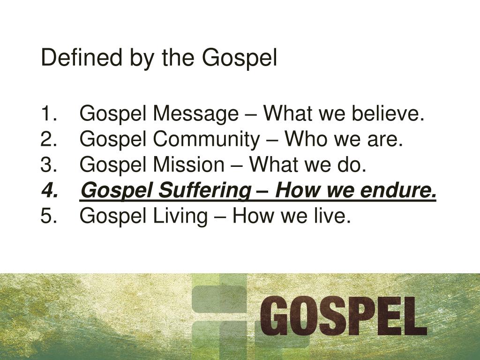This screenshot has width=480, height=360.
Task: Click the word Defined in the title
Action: tap(72, 58)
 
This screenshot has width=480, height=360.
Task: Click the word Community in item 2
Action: tap(206, 140)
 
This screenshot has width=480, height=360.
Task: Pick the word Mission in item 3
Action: tap(190, 165)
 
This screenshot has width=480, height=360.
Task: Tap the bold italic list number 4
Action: tap(49, 191)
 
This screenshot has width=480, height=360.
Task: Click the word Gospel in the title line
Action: tap(240, 58)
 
